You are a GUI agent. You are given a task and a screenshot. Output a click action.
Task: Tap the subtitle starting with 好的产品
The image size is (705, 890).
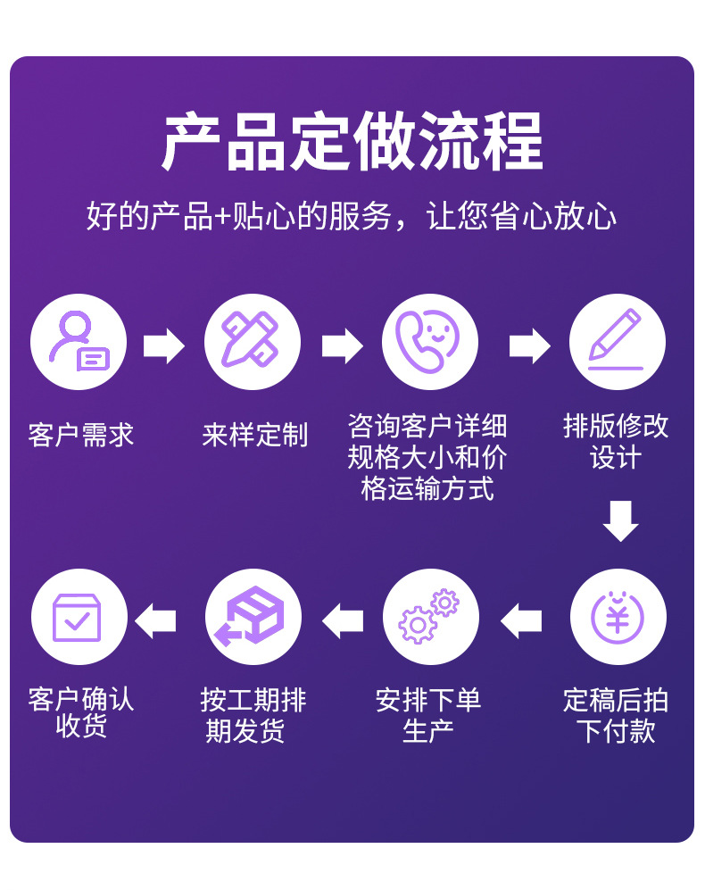(352, 217)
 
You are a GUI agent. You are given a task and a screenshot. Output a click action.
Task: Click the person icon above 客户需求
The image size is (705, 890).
(79, 343)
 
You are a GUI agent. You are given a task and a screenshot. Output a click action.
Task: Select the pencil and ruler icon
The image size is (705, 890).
(253, 343)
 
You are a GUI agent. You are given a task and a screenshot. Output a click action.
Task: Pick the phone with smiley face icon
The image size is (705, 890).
(429, 343)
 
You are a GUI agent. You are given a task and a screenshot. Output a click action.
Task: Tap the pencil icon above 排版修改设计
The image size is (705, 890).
(617, 343)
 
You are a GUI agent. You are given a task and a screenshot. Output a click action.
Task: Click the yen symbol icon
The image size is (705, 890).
(617, 617)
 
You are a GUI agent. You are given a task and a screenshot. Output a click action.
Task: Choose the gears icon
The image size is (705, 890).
(430, 617)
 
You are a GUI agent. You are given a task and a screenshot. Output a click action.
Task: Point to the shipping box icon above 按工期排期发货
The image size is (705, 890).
(253, 617)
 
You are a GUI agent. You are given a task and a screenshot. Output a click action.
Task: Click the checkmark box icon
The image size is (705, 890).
(79, 617)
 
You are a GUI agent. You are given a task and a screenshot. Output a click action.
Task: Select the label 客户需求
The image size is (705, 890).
(80, 435)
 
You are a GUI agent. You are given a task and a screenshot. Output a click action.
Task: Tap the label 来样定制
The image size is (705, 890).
(254, 435)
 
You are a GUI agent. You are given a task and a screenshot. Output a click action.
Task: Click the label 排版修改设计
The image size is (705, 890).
(616, 442)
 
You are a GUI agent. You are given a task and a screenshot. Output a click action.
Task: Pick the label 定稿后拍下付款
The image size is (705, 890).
(616, 715)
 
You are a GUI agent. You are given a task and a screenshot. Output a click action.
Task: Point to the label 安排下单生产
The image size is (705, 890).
(428, 715)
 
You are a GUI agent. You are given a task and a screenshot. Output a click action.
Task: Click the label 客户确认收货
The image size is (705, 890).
(80, 711)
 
